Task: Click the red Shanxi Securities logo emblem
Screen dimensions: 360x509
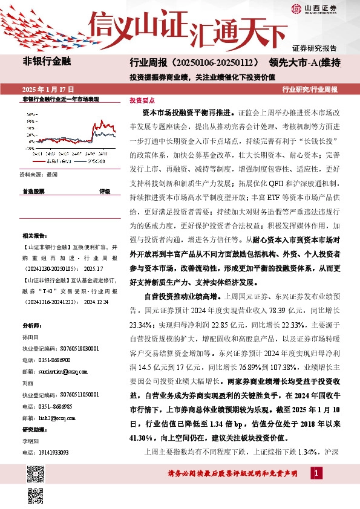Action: [296, 8]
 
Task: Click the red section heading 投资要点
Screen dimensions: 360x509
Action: [142, 102]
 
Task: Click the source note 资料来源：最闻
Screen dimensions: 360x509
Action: [39, 173]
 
